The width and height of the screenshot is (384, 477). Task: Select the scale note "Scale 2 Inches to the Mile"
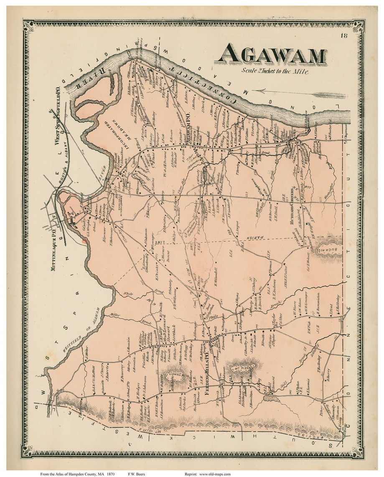(x=275, y=71)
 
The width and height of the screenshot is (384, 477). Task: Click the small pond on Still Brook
(x=267, y=399)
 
